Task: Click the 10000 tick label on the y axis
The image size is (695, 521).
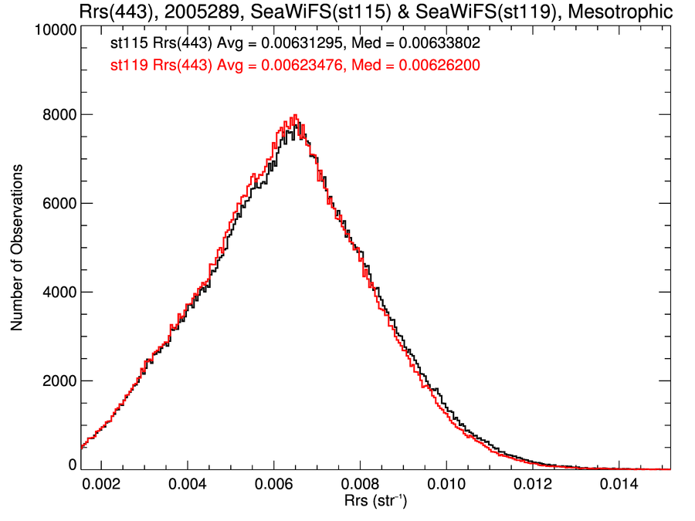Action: (55, 30)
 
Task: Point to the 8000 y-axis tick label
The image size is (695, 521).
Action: (58, 115)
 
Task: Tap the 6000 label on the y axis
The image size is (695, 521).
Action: (58, 204)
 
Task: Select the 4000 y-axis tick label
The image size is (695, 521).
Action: (58, 293)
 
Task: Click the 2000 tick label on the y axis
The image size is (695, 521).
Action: (58, 381)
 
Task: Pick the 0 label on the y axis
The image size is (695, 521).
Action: (71, 465)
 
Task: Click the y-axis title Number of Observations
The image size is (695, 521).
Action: (17, 248)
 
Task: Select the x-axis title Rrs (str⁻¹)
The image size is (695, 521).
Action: (376, 502)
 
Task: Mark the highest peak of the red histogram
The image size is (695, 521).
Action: (294, 116)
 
